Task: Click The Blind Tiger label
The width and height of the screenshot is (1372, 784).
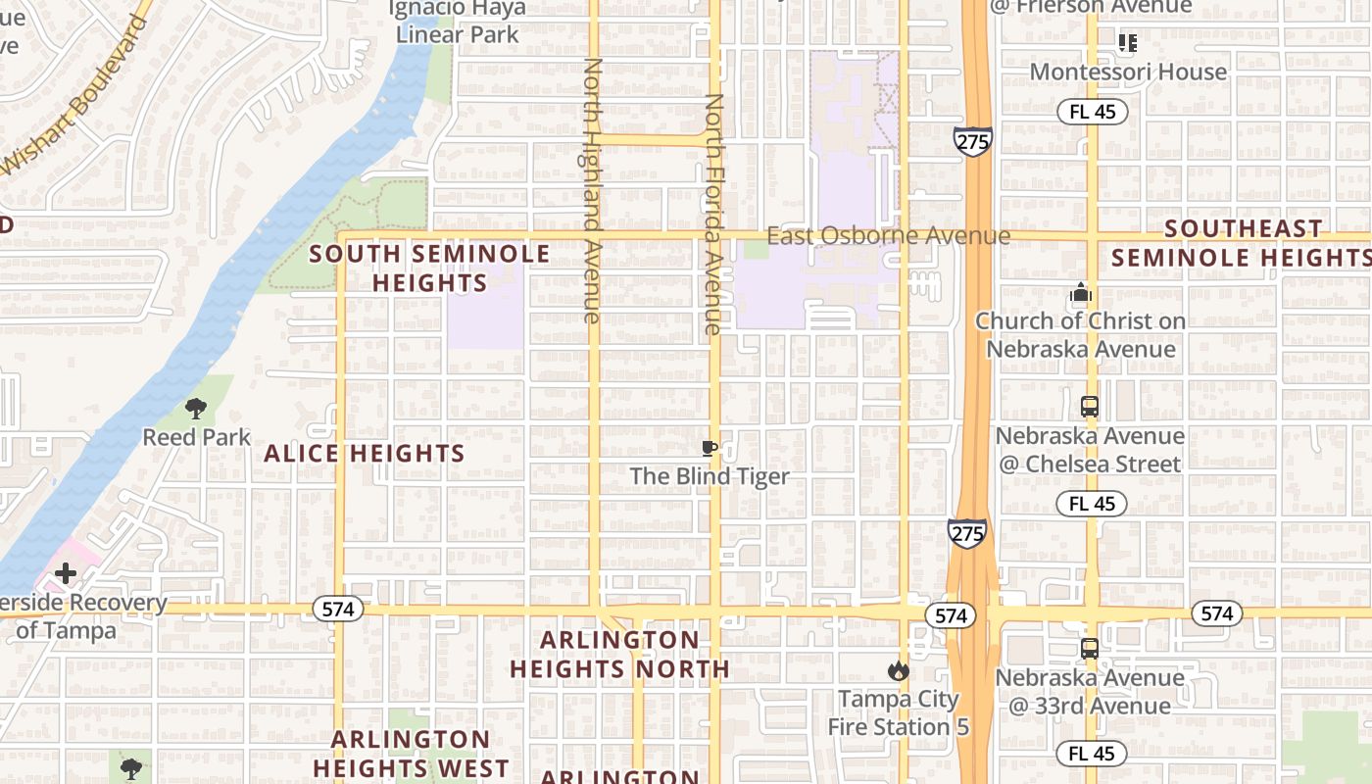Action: [709, 476]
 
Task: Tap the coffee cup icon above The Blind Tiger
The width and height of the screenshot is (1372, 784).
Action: [710, 449]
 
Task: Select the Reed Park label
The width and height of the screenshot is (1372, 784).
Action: [197, 436]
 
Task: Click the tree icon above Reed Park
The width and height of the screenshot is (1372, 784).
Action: [196, 409]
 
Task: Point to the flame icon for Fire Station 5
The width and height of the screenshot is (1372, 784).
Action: [898, 671]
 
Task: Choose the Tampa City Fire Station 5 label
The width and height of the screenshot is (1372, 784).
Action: [898, 712]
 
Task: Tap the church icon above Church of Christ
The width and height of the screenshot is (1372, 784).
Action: [1081, 293]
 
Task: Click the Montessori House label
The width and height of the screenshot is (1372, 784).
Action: [1128, 72]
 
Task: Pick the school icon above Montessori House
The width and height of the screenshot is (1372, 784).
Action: [1128, 43]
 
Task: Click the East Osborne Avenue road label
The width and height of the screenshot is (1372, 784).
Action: [888, 236]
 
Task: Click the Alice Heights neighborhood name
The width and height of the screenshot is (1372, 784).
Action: [365, 453]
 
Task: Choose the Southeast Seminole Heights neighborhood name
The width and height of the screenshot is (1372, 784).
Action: [1241, 243]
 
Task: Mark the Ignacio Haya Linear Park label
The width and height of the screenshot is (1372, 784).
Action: [458, 22]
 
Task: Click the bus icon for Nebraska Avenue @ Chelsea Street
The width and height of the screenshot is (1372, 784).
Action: [1089, 407]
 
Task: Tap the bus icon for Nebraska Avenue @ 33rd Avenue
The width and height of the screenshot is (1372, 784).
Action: [1089, 649]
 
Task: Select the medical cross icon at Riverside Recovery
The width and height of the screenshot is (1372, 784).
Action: [66, 573]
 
